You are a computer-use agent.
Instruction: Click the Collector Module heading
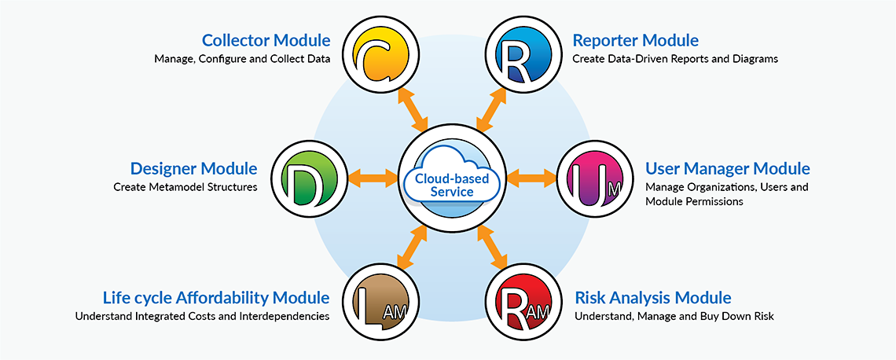(x=266, y=40)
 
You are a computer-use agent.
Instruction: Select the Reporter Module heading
(x=635, y=40)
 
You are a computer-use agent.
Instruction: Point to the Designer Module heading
(x=193, y=168)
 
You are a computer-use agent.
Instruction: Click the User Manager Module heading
(x=727, y=168)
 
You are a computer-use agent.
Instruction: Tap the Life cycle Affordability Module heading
(x=216, y=298)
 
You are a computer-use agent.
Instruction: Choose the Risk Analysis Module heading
(x=653, y=298)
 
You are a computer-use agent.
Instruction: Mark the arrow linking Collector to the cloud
(x=413, y=111)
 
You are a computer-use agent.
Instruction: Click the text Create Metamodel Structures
(x=185, y=187)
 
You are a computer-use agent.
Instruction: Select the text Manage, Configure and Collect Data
(x=242, y=59)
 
